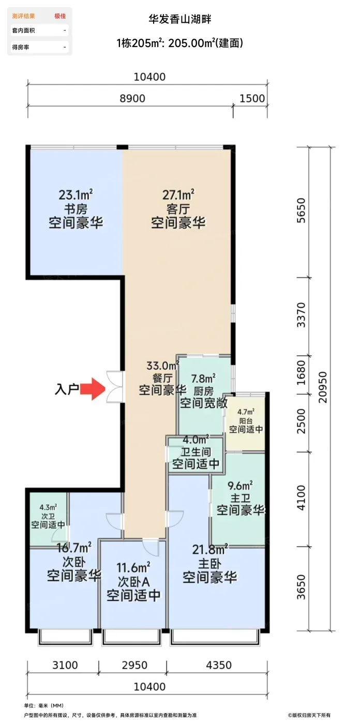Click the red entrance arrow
coord(93,388)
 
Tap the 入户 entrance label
coord(67,389)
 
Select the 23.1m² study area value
coord(76,195)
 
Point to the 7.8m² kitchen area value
coord(203,379)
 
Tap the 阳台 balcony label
coord(246,421)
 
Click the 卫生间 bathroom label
coord(196,452)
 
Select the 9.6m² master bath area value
coord(240,486)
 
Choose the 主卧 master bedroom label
coord(209,564)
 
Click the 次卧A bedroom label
coord(133,582)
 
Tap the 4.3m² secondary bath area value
coord(48,508)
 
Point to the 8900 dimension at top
coord(132,98)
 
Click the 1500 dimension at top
coord(252,98)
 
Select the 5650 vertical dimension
coord(301,210)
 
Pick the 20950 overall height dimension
coord(323,387)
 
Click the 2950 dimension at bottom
coord(134,665)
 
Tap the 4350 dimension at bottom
coord(219,665)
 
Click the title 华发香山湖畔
coord(179,20)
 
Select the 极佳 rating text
coord(60,16)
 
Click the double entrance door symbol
coord(115,387)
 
